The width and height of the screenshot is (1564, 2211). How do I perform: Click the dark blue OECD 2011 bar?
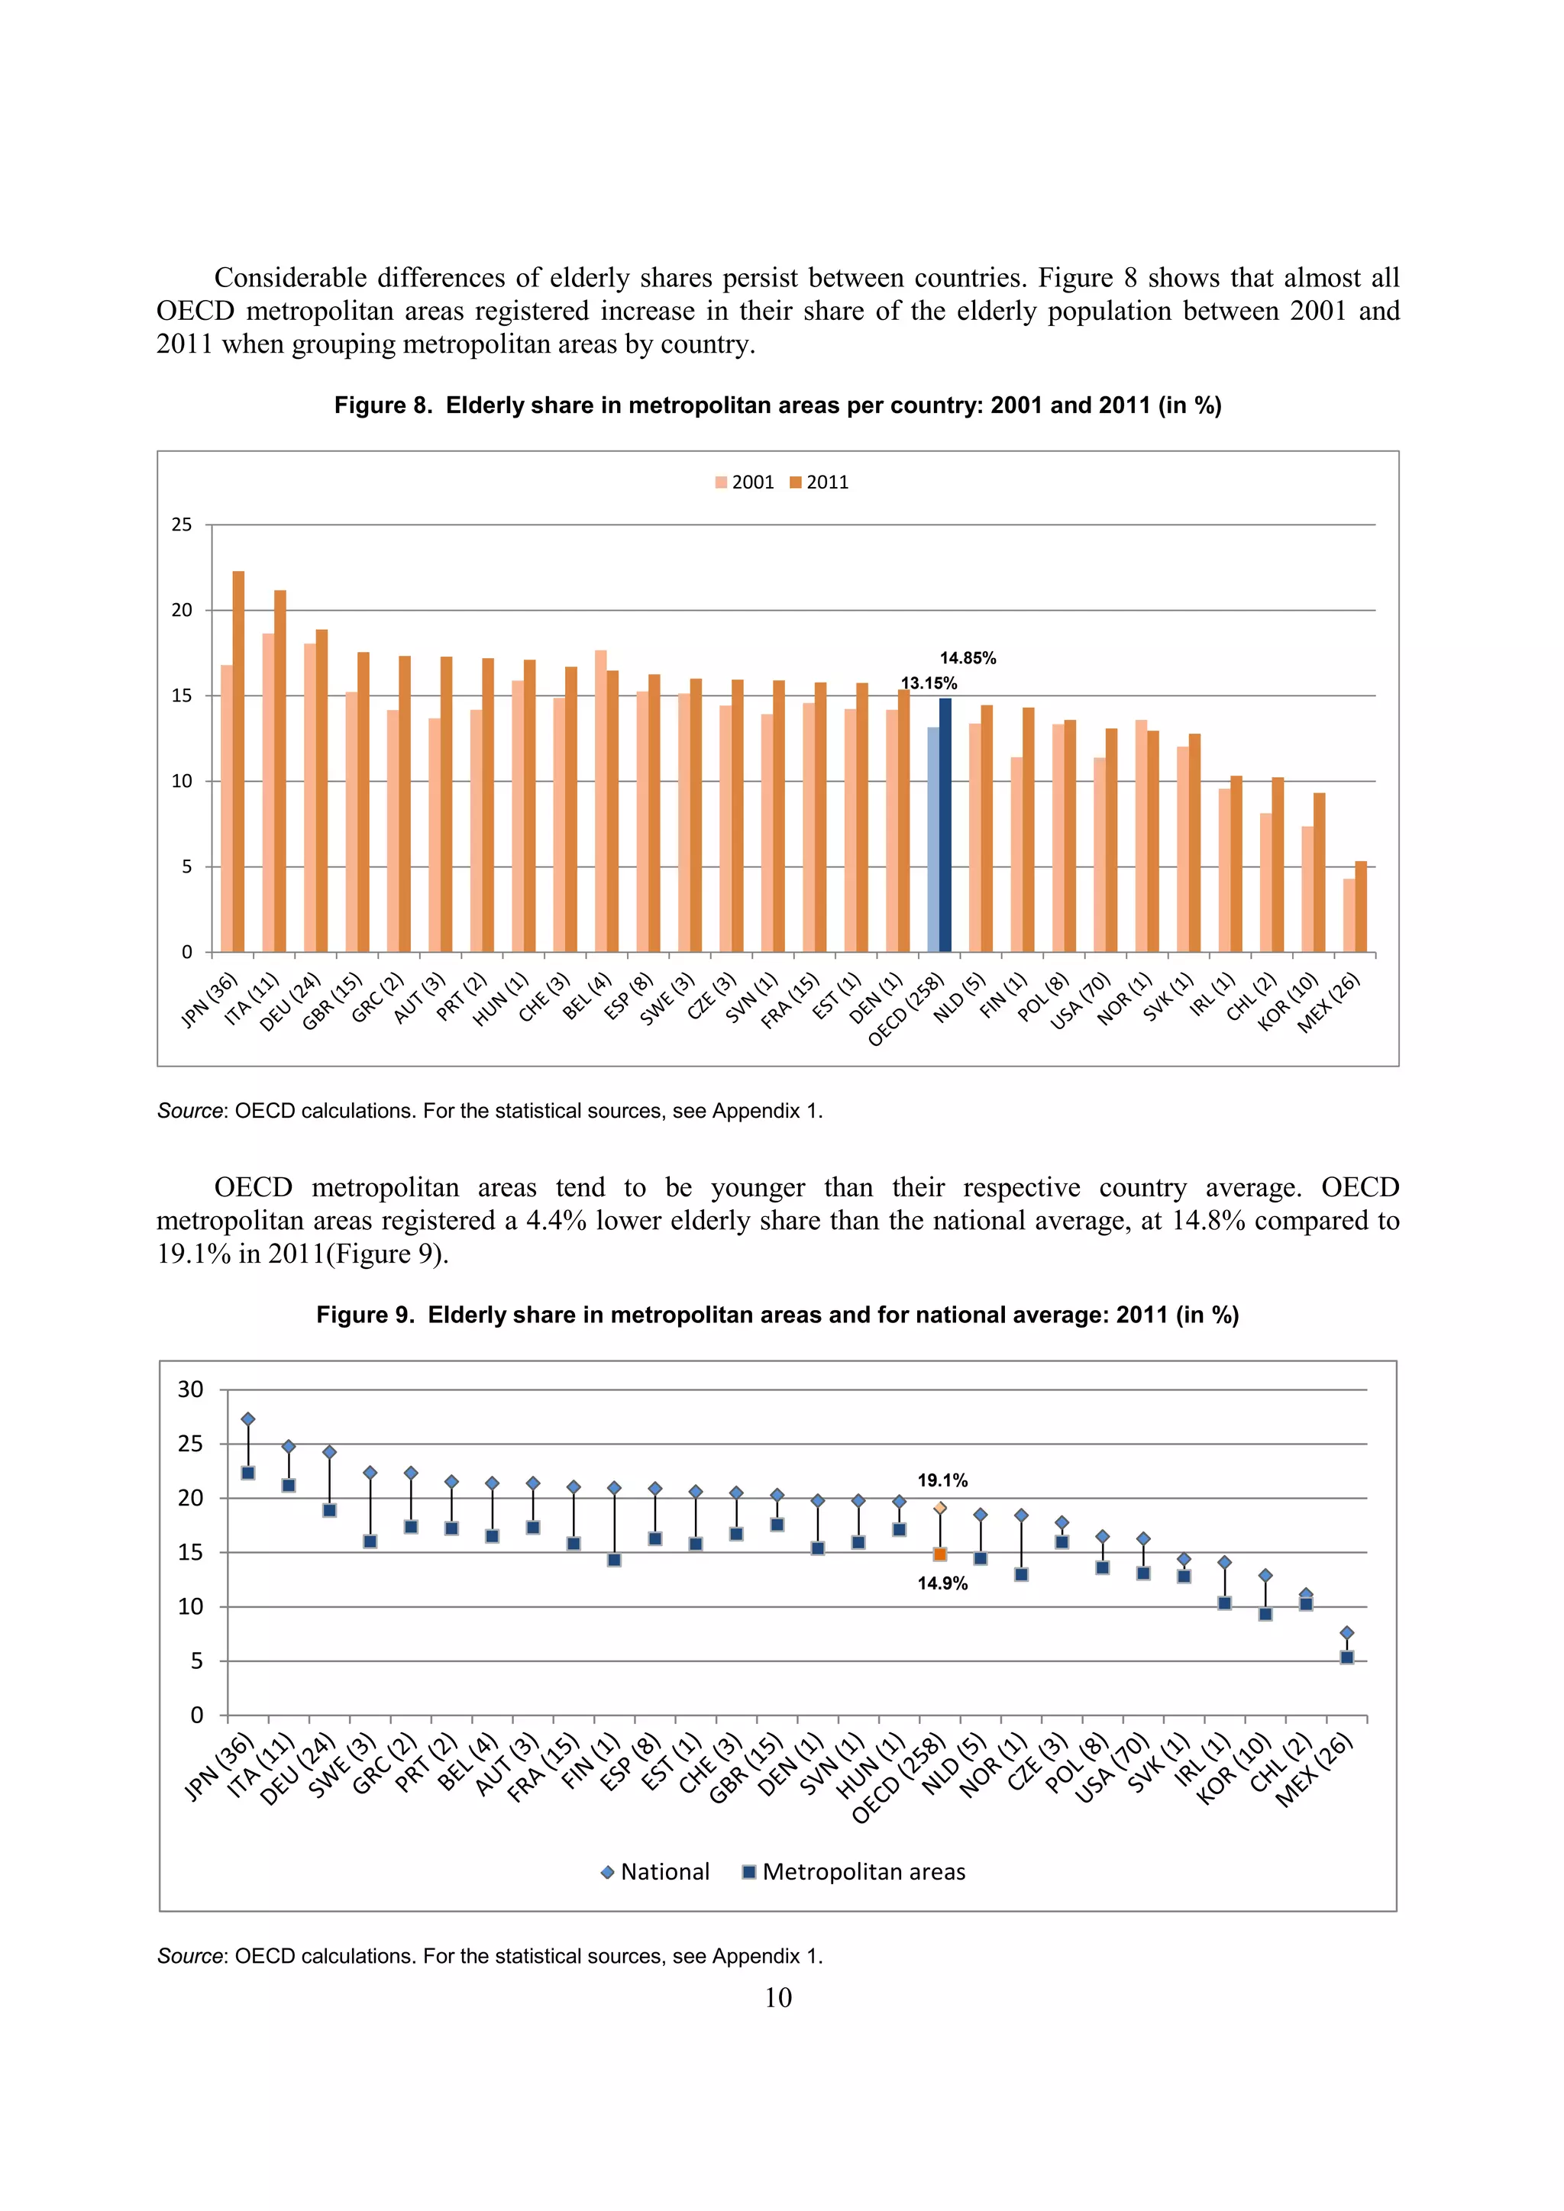pyautogui.click(x=945, y=825)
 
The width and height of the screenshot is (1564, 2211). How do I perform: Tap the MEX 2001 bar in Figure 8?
pyautogui.click(x=1349, y=915)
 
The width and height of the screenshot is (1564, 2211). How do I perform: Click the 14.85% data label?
pyautogui.click(x=968, y=659)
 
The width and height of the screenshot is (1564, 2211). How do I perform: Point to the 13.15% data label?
pyautogui.click(x=929, y=684)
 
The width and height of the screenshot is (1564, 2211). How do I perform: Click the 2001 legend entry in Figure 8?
pyautogui.click(x=745, y=483)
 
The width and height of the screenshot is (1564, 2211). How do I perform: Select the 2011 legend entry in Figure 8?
pyautogui.click(x=819, y=483)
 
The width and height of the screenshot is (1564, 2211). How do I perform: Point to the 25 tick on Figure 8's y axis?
pyautogui.click(x=182, y=525)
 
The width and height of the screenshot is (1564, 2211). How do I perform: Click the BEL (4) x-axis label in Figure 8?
pyautogui.click(x=587, y=996)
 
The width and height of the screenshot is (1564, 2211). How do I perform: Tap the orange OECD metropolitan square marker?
pyautogui.click(x=940, y=1554)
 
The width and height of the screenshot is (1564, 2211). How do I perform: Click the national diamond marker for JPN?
pyautogui.click(x=247, y=1419)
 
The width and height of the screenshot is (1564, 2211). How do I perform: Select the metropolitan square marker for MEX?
pyautogui.click(x=1347, y=1657)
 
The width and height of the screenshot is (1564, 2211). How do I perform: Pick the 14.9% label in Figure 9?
pyautogui.click(x=942, y=1584)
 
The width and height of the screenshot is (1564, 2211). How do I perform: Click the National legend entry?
pyautogui.click(x=655, y=1872)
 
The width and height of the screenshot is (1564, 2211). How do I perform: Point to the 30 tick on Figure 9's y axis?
pyautogui.click(x=191, y=1390)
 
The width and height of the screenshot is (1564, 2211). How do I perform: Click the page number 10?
pyautogui.click(x=778, y=1998)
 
